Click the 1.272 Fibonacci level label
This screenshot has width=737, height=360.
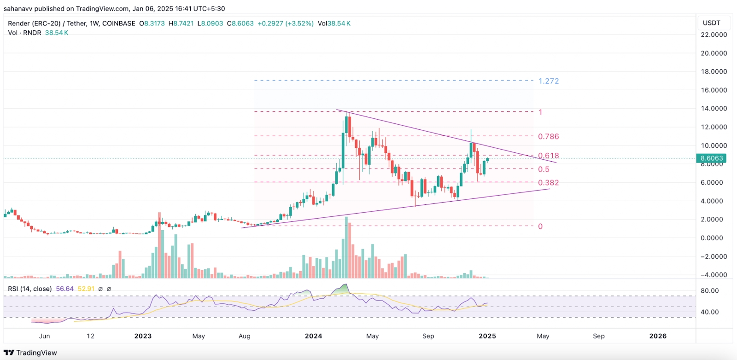click(x=549, y=81)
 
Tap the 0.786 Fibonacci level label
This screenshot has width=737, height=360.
click(x=548, y=136)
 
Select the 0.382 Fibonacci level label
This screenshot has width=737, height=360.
click(x=548, y=183)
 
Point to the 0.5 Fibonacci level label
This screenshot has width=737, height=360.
click(x=544, y=169)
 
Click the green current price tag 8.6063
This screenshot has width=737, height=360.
click(x=712, y=158)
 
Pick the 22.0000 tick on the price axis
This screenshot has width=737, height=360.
click(x=714, y=35)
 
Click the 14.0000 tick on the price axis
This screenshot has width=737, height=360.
click(x=714, y=109)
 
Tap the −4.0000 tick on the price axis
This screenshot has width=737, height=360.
click(x=714, y=275)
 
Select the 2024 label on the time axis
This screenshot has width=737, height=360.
click(x=313, y=336)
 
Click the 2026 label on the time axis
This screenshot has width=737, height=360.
click(x=657, y=336)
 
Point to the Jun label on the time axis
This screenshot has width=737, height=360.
click(x=45, y=336)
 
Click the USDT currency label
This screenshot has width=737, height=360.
click(x=711, y=23)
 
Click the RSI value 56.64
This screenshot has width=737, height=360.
click(x=64, y=289)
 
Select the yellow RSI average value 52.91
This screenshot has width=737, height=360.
click(x=86, y=289)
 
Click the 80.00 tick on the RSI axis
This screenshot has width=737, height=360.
click(x=709, y=290)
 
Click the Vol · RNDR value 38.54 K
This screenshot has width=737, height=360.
click(x=57, y=33)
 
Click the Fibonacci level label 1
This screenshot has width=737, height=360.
click(x=540, y=112)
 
